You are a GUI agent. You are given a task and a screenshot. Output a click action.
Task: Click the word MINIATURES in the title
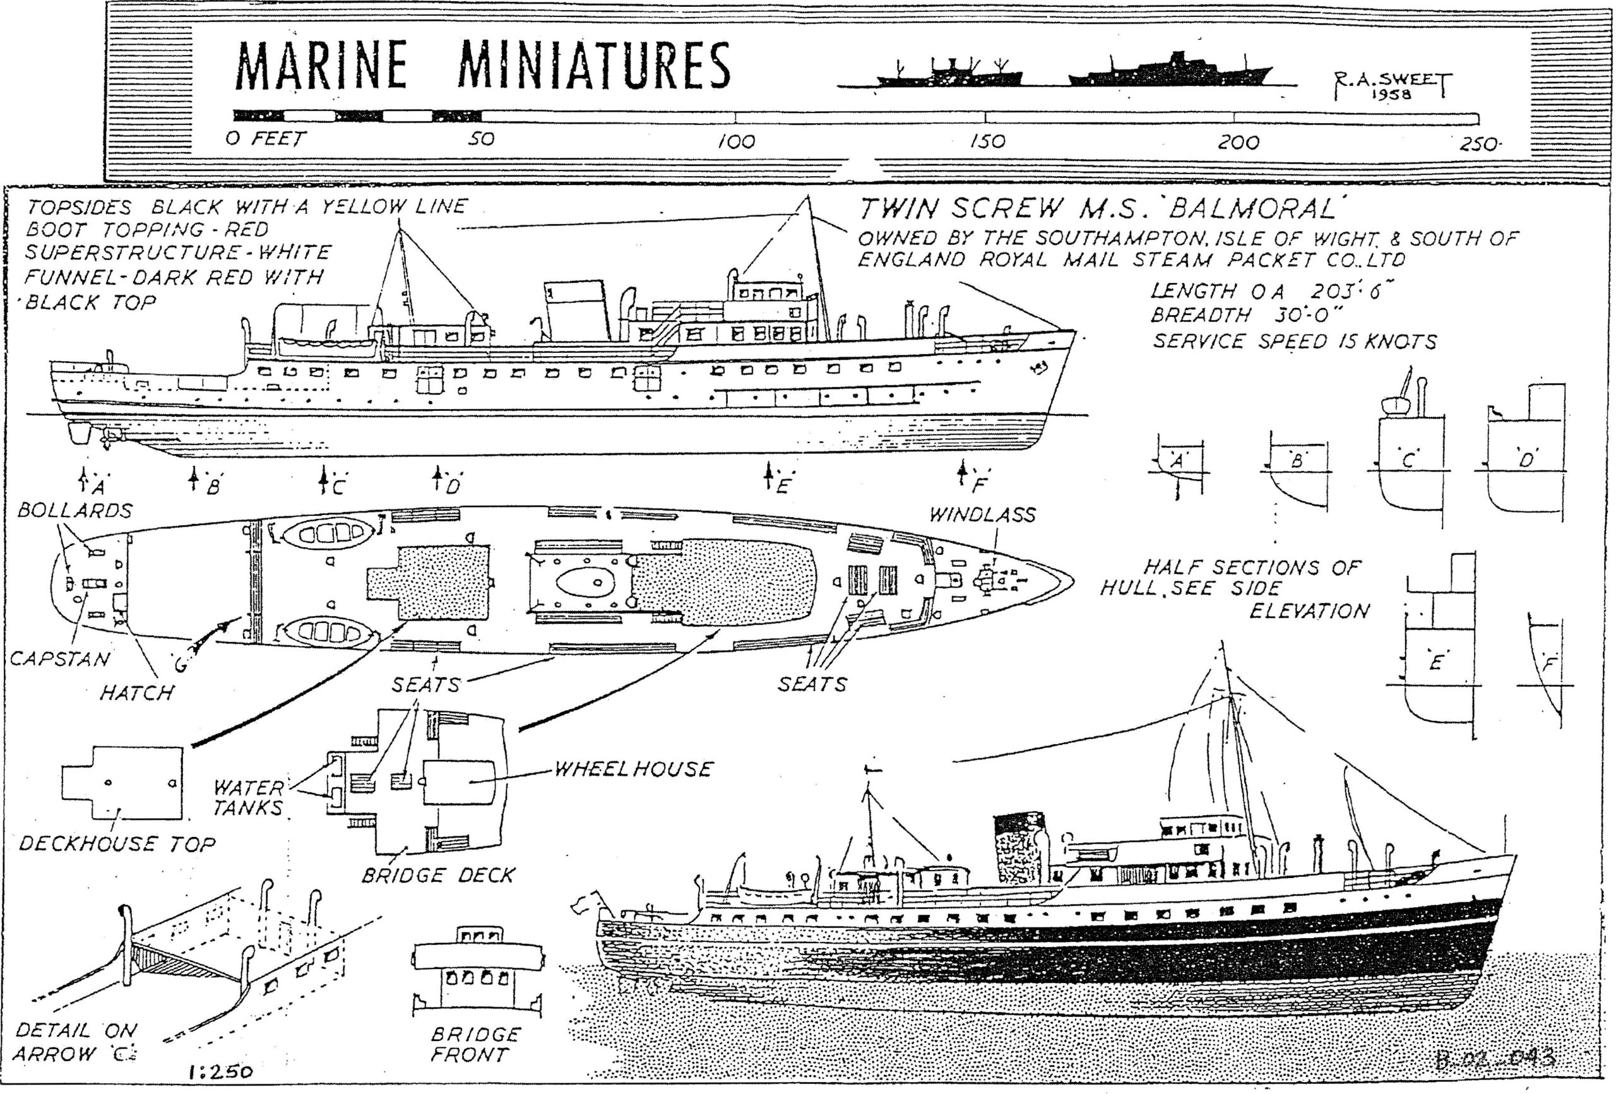tap(594, 66)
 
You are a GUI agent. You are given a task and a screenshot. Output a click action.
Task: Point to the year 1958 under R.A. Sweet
tap(1391, 95)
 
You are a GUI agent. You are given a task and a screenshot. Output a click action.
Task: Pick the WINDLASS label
tap(982, 514)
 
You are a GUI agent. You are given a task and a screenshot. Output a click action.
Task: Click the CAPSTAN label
tap(60, 658)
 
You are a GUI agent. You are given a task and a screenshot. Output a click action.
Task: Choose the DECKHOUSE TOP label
tap(117, 843)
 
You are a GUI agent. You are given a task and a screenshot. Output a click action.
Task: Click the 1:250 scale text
tap(220, 1072)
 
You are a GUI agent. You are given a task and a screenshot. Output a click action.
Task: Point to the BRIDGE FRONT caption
tap(475, 1044)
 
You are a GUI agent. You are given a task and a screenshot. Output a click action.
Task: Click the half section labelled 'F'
tap(1548, 668)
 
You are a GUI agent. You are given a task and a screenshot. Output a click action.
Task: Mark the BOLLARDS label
tap(74, 511)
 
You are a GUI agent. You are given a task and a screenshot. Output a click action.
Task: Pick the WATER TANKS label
tap(248, 798)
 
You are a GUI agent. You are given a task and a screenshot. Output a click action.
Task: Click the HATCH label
tap(136, 693)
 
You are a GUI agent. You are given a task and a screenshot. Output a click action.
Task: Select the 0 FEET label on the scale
tap(265, 139)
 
